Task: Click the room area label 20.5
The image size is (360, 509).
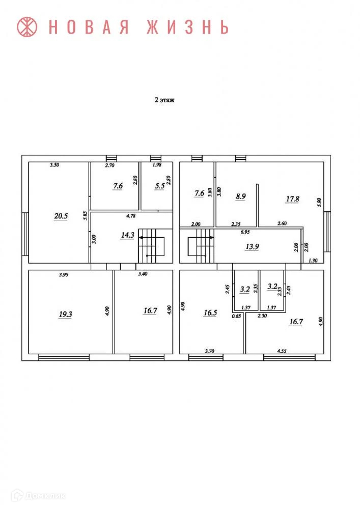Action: (x=61, y=216)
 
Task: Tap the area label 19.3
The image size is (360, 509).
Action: (x=66, y=314)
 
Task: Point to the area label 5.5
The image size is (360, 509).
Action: (x=160, y=186)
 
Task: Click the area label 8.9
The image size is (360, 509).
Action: (x=240, y=196)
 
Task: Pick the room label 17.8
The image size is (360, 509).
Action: (x=292, y=199)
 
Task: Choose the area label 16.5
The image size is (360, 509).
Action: (x=210, y=313)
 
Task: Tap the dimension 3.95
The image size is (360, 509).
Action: (x=64, y=275)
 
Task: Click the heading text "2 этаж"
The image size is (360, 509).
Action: (x=164, y=101)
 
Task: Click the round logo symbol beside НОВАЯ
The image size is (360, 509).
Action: (x=28, y=27)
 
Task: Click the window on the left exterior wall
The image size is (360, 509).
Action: (x=25, y=234)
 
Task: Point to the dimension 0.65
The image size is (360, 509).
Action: (x=236, y=317)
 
